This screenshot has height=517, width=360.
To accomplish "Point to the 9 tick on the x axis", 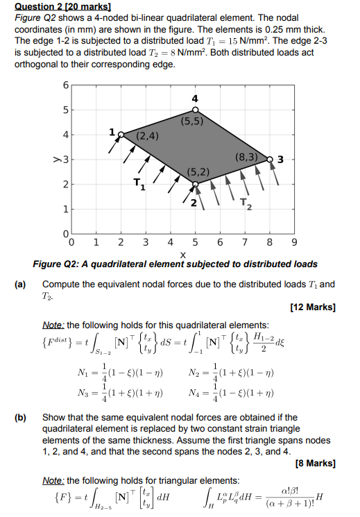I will [293, 244].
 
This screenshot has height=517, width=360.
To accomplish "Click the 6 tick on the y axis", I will [65, 85].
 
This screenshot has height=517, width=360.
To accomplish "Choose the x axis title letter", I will [182, 255].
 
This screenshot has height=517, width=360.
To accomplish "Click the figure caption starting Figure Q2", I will [175, 264].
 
